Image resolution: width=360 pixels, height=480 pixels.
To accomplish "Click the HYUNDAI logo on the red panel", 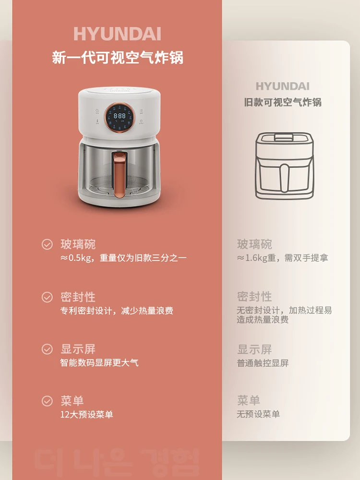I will coord(117,34).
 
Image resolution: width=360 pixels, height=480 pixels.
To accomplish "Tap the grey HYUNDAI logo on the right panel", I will coord(282,86).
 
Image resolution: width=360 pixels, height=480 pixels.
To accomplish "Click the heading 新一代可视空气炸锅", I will coord(117,58).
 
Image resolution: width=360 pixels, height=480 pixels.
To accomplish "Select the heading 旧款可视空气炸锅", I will coord(282,102).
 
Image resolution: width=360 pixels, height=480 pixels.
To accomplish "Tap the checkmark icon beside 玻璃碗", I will coord(47,244).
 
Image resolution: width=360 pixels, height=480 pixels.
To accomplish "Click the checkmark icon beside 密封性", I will coord(47,297).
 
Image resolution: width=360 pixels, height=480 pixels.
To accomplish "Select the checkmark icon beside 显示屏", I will coord(47,349).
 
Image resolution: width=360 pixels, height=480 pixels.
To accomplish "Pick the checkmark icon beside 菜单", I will coord(47,401).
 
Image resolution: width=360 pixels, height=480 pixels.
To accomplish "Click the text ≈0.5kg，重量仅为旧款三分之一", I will coord(123,258).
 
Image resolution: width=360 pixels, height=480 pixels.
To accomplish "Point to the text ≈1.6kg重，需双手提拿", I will coord(282,258).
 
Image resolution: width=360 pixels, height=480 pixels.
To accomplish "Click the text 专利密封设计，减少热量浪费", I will coord(116,311).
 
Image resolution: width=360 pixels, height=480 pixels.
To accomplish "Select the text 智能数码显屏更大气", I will coord(99,362).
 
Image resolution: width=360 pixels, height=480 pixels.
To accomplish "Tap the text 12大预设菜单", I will coord(86,414).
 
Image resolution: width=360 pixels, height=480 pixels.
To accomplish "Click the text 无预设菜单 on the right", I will coord(258,414).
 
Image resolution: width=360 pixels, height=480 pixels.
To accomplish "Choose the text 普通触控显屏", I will coord(263,363).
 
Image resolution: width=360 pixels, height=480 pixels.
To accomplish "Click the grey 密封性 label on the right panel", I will coord(254,297).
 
